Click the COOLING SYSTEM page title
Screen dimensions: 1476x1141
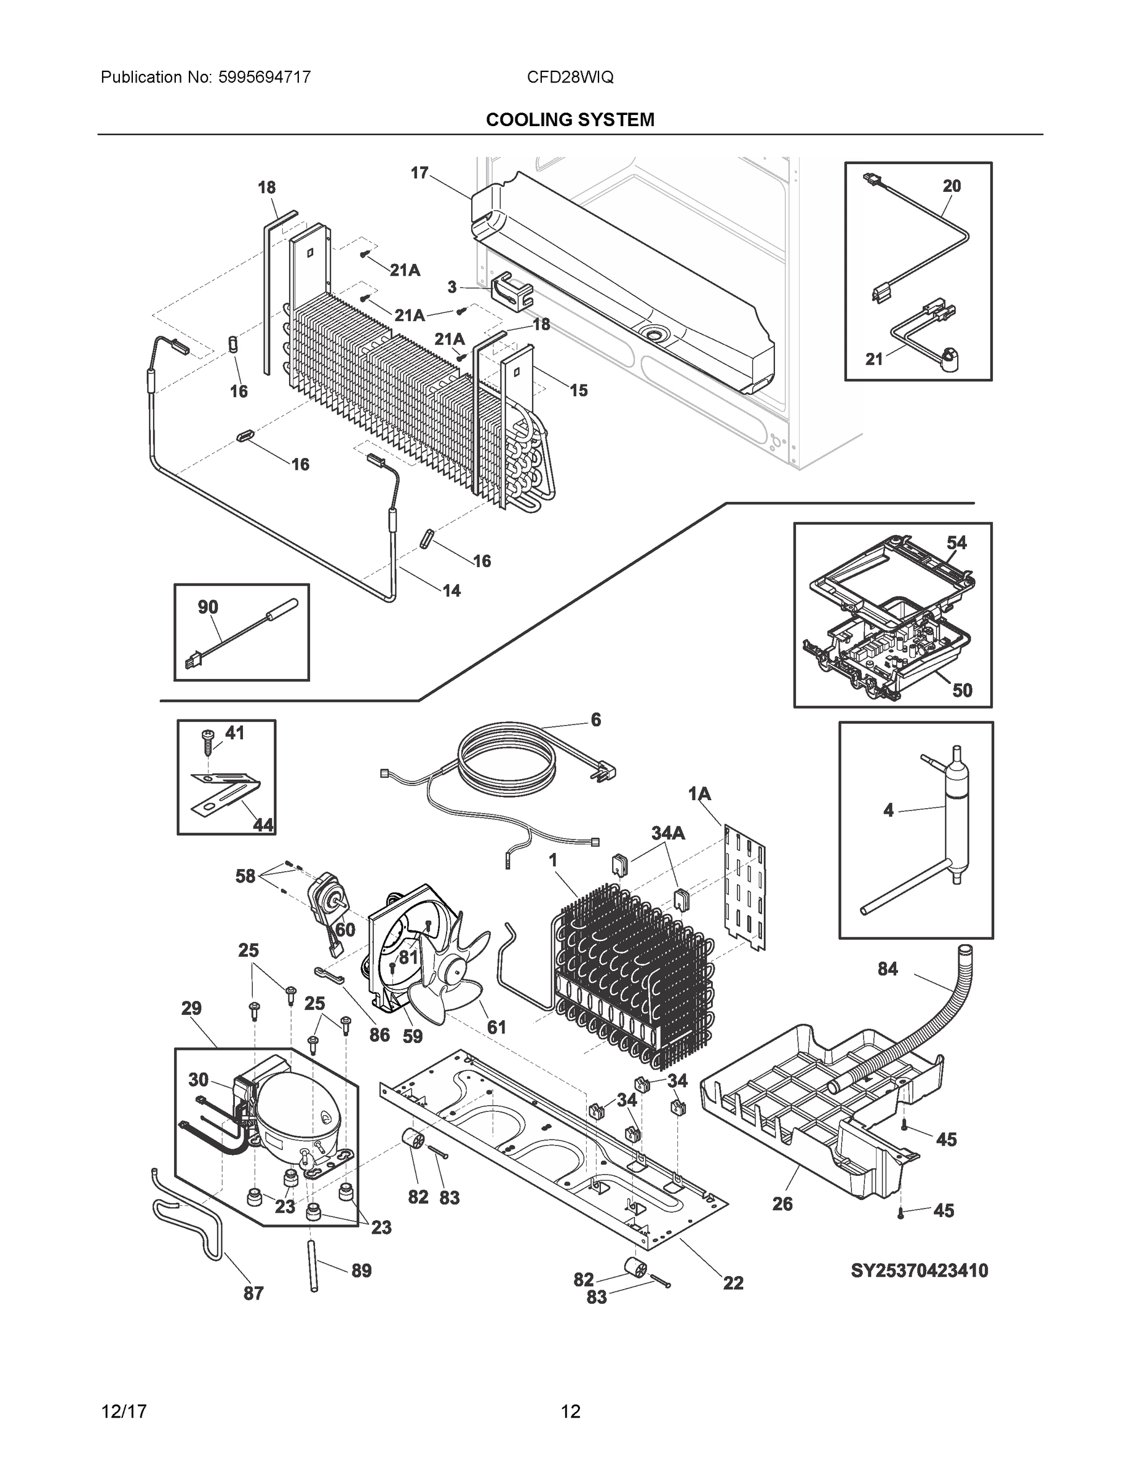tap(570, 120)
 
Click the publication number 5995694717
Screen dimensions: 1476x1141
tap(264, 77)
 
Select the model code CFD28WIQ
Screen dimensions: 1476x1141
tap(570, 77)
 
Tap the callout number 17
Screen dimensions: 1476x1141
tap(419, 173)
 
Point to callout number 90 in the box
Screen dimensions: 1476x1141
tap(207, 607)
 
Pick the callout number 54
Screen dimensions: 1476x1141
tap(956, 542)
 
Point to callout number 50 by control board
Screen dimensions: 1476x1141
tap(962, 690)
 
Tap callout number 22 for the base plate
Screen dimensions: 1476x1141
tap(733, 1283)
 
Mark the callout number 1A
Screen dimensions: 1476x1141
tap(699, 794)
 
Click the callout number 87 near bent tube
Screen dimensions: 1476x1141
tap(253, 1293)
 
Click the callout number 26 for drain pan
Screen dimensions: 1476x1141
tap(782, 1204)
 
